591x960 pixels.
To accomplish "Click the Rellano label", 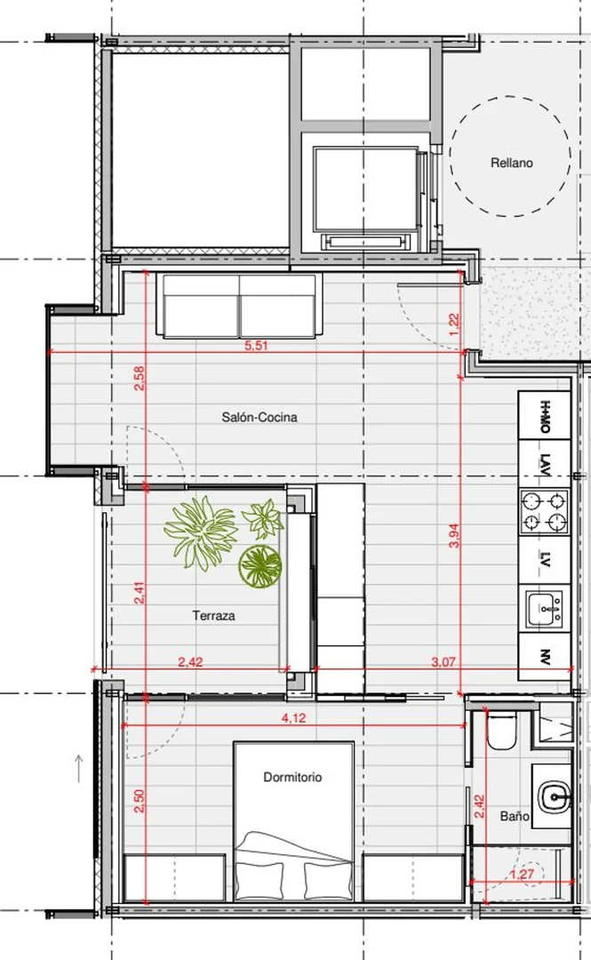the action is tap(511, 163).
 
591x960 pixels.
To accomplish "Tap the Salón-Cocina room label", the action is tap(260, 417).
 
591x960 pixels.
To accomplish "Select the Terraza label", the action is tap(214, 615).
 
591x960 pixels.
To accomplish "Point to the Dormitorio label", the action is tap(292, 777).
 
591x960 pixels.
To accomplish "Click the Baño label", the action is tap(514, 816).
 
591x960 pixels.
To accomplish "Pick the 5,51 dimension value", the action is tap(257, 346).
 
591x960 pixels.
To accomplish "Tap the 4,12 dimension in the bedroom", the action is tap(294, 718).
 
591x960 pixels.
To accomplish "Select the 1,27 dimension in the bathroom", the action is tap(523, 875).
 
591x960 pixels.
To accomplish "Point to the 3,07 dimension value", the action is tap(444, 662).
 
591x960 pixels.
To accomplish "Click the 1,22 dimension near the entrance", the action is tap(454, 324).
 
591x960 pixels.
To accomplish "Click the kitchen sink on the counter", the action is tap(544, 608).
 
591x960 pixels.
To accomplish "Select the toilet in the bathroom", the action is tap(501, 731).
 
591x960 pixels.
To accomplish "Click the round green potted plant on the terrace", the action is tap(260, 565).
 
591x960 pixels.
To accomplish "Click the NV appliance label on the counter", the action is tap(545, 657).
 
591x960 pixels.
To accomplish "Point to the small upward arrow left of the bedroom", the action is tap(79, 769).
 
